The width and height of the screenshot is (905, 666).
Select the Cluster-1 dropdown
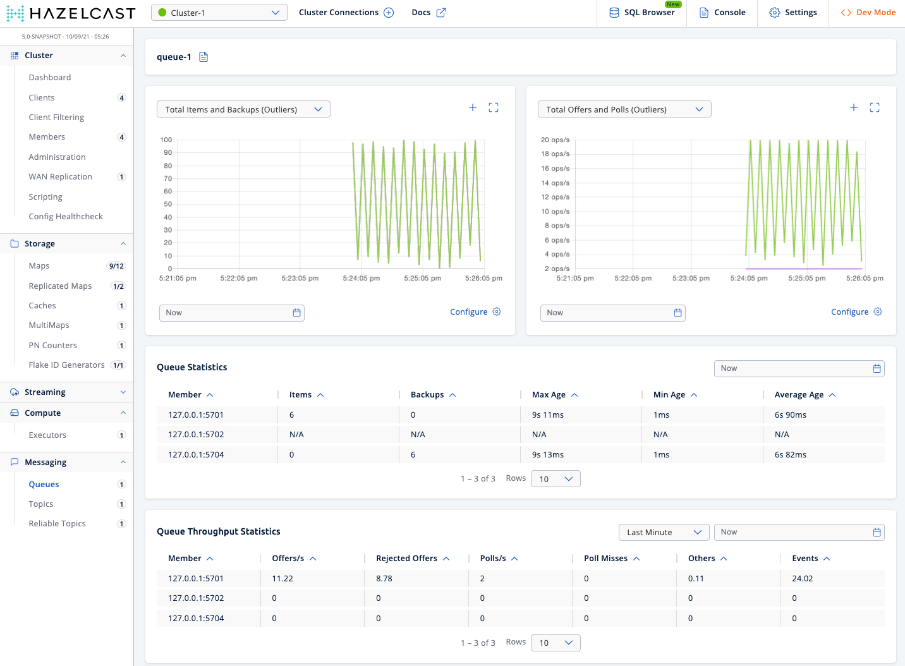[x=219, y=13]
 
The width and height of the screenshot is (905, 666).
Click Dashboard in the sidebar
[x=50, y=78]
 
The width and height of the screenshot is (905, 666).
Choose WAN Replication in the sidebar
[x=61, y=177]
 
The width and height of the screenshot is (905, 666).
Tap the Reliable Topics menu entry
[x=58, y=524]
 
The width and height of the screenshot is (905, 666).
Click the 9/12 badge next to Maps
[x=116, y=266]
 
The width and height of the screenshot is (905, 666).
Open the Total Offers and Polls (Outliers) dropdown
[x=624, y=109]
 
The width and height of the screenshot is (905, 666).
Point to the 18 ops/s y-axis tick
[x=555, y=154]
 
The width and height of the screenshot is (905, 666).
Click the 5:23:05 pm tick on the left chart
[x=300, y=278]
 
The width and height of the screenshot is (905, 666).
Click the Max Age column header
[x=549, y=395]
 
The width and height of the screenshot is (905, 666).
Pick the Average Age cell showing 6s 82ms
[x=791, y=455]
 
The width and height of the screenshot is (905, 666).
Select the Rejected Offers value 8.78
[x=384, y=579]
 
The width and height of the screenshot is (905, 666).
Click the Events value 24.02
[x=803, y=579]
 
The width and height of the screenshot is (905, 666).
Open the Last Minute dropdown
[x=664, y=533]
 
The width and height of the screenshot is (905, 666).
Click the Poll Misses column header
[x=605, y=559]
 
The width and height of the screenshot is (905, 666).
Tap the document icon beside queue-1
[x=203, y=57]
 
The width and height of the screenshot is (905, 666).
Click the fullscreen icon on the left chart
[x=494, y=108]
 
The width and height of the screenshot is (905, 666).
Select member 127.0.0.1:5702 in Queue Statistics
[x=196, y=435]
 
